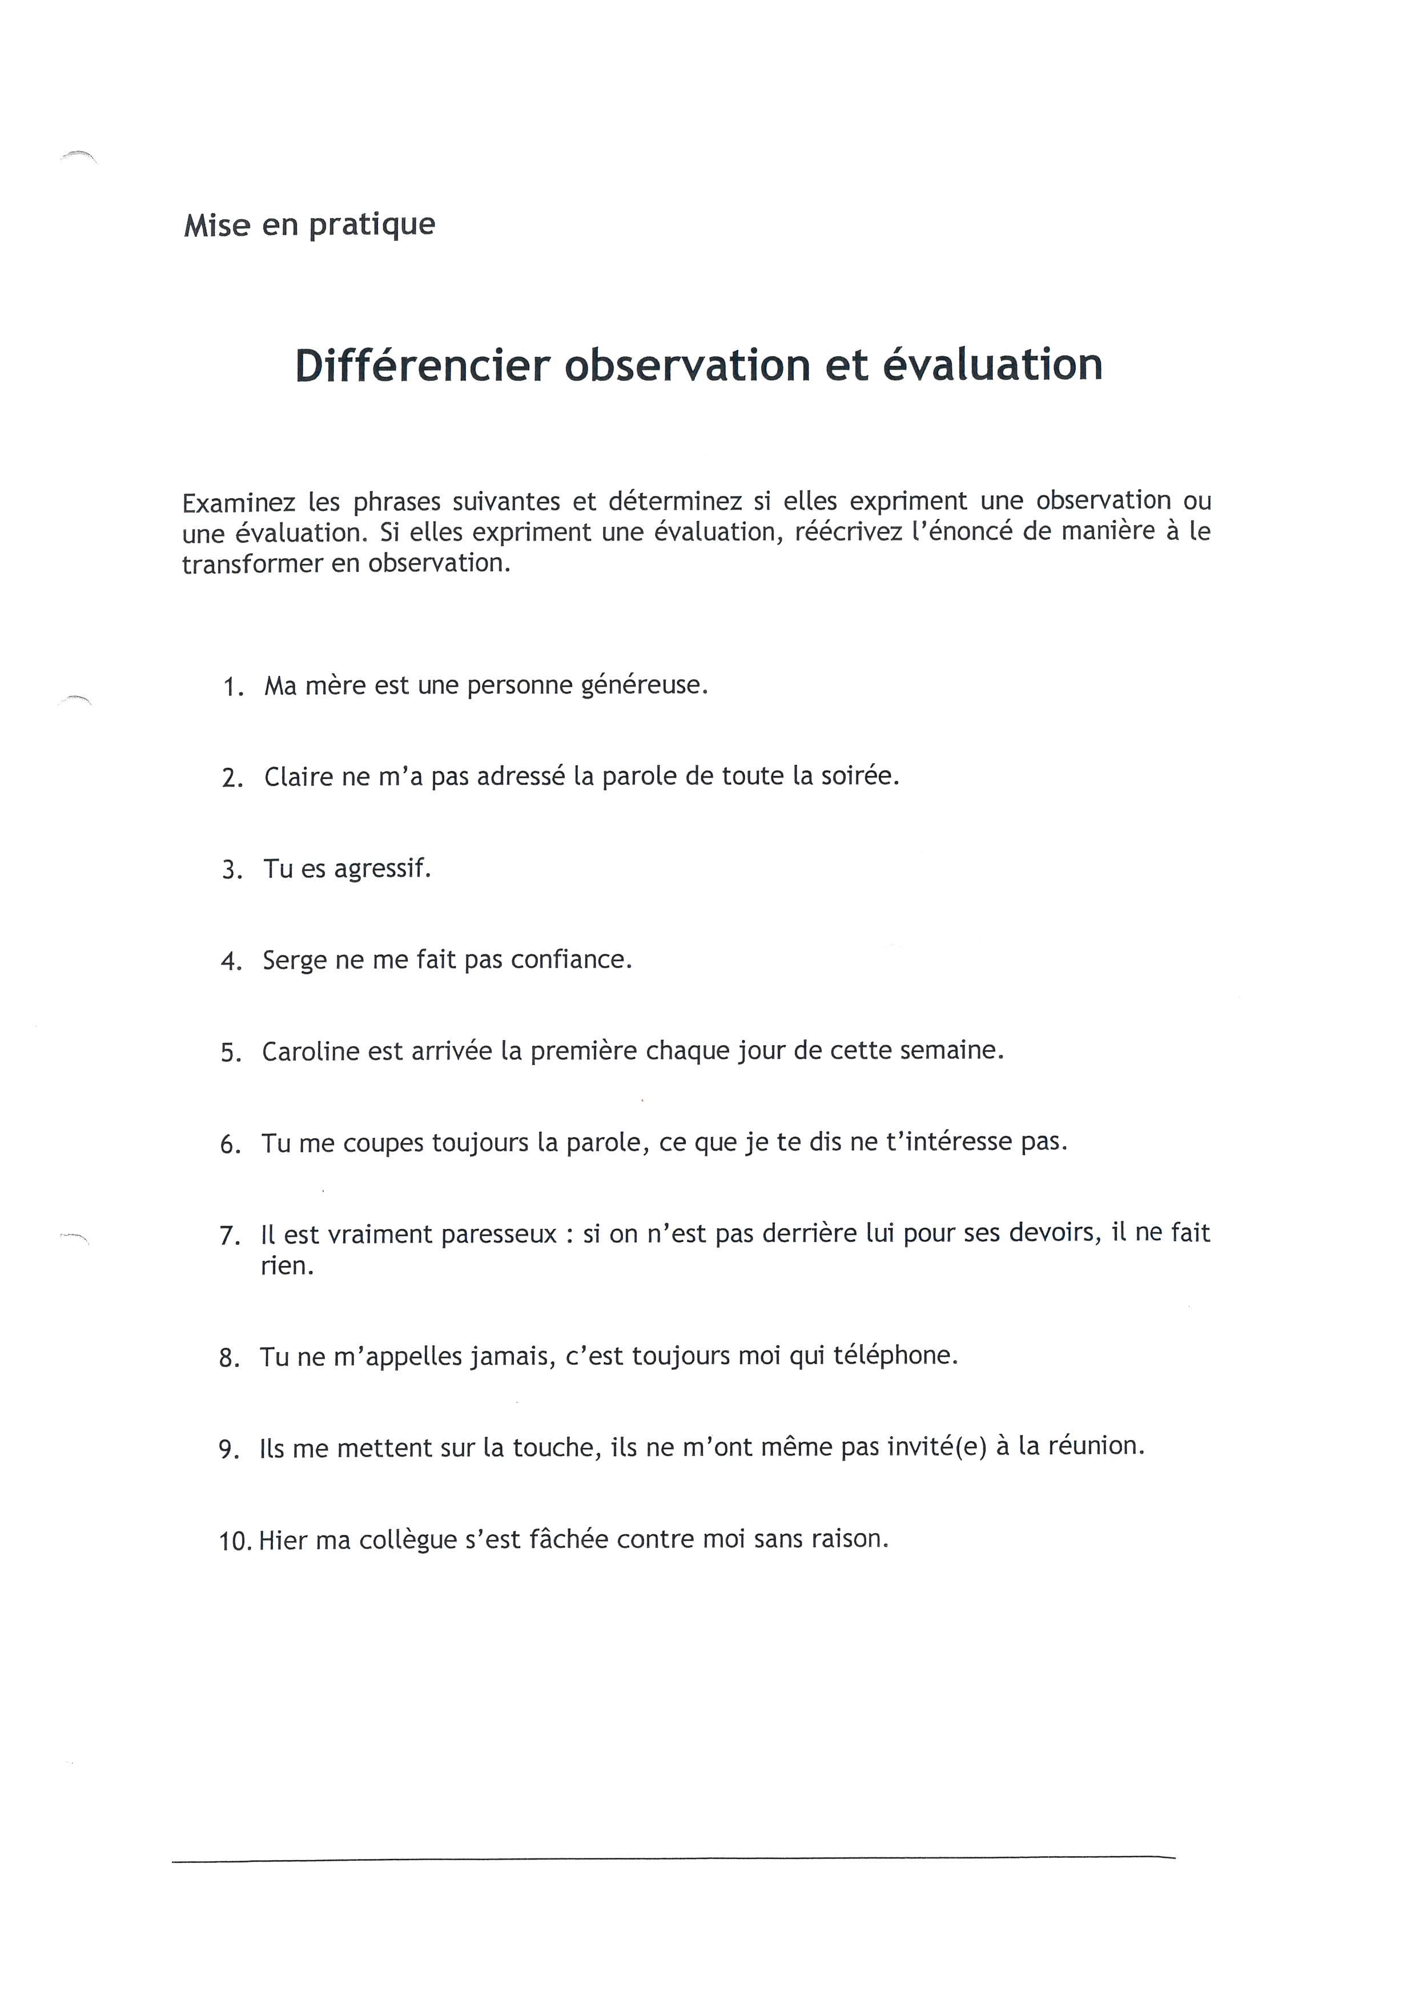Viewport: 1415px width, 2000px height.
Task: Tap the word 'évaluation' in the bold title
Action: click(x=992, y=365)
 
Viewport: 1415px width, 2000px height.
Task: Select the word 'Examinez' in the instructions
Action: click(x=236, y=503)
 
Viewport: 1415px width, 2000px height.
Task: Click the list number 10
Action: click(x=235, y=1541)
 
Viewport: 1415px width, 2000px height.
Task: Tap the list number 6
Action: click(x=230, y=1144)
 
